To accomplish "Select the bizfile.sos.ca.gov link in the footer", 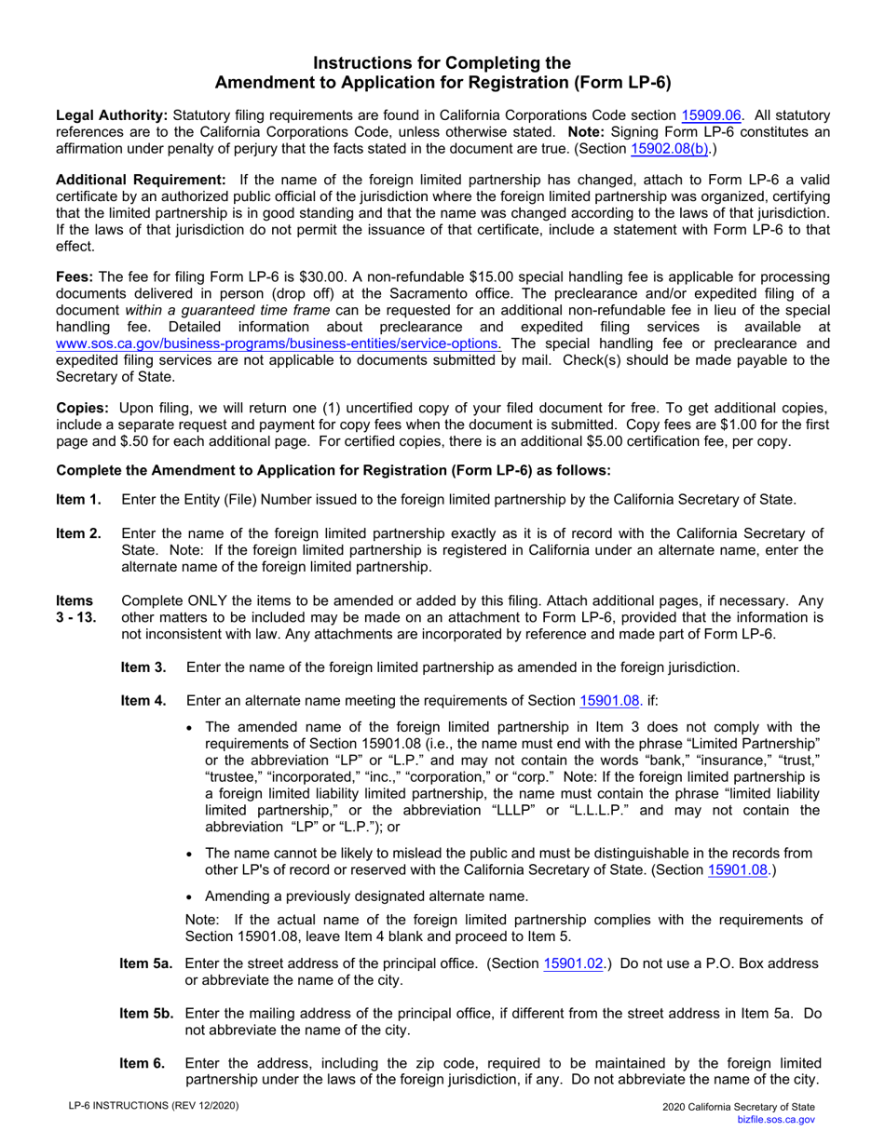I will click(x=775, y=1124).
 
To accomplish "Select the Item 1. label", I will click(x=79, y=500).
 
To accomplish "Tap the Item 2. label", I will click(x=79, y=532).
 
